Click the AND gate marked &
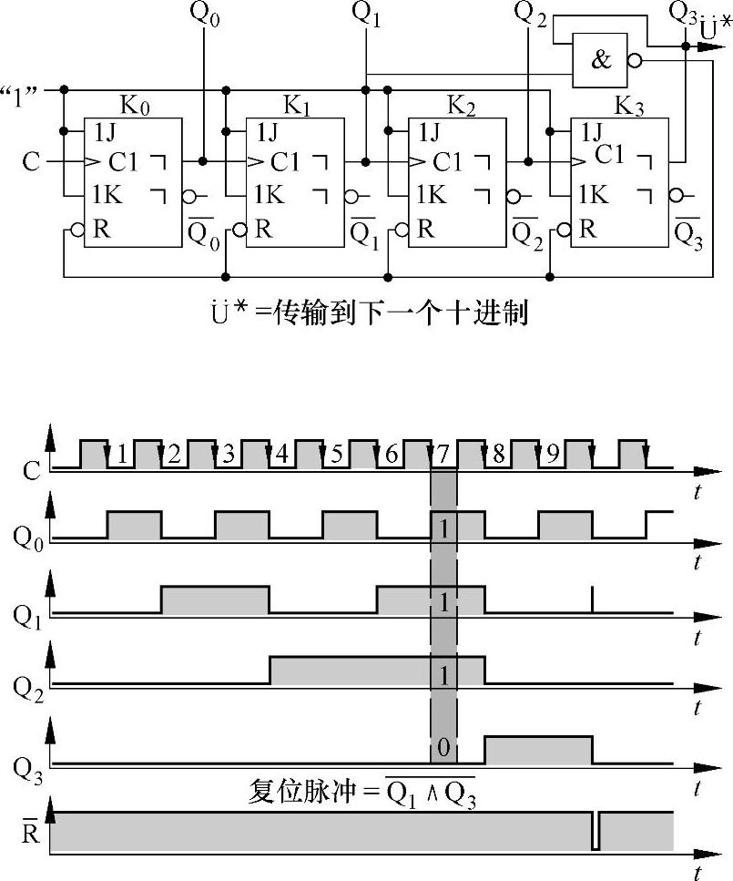[602, 60]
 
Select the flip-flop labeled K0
[133, 182]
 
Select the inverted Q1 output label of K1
[362, 236]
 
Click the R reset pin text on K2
[425, 229]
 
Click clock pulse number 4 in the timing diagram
[281, 454]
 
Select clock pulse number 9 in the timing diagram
[552, 454]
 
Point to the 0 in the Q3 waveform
[443, 748]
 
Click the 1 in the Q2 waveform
[443, 675]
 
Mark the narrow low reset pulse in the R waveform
[596, 831]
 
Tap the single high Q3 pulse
[538, 749]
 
